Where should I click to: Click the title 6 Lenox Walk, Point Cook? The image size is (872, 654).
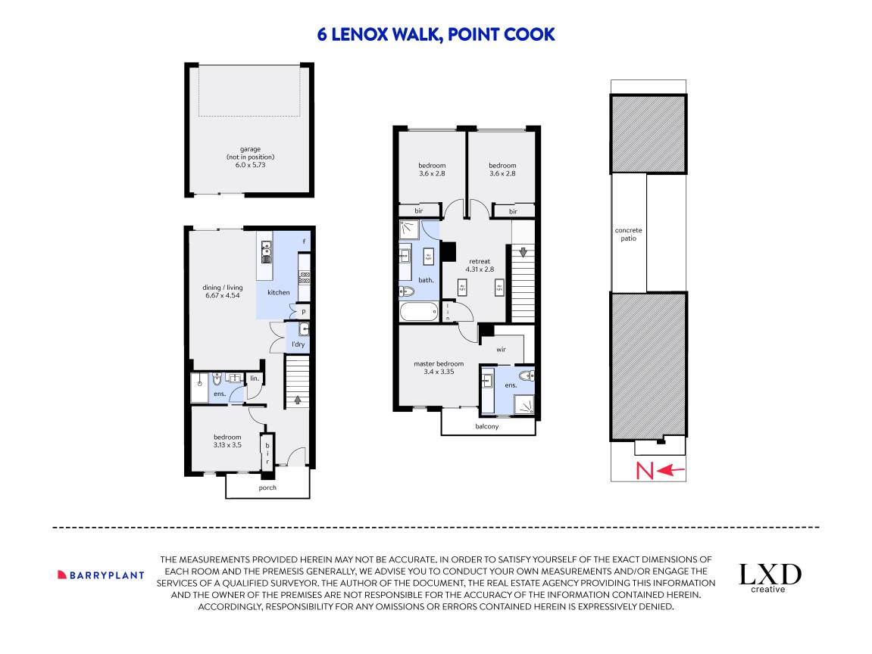(436, 34)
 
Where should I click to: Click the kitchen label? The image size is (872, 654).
(278, 292)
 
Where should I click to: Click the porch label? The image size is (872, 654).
(267, 487)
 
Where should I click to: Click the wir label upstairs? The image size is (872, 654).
(501, 350)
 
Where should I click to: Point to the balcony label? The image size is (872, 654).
(487, 426)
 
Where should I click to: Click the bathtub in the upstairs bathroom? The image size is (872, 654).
(418, 311)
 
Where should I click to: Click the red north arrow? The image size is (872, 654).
(672, 471)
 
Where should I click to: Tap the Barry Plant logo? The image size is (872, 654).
(101, 575)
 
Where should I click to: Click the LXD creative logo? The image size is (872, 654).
(770, 577)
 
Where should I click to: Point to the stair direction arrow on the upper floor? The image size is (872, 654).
(523, 251)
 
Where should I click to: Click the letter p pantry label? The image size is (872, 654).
(303, 311)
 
